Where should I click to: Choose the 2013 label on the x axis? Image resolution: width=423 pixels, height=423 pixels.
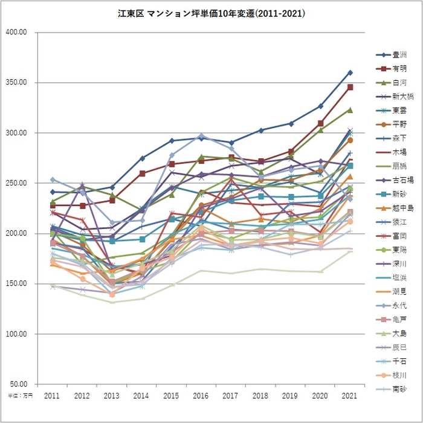click(112, 395)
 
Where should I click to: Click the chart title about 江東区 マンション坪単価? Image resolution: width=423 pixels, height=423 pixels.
click(211, 11)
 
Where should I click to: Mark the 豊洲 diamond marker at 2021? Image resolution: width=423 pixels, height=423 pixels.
click(350, 73)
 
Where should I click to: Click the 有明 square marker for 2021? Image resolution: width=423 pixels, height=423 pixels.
click(350, 87)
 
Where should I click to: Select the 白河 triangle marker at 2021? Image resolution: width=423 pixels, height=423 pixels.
click(350, 110)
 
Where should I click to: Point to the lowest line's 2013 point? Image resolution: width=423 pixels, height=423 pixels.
click(112, 302)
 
